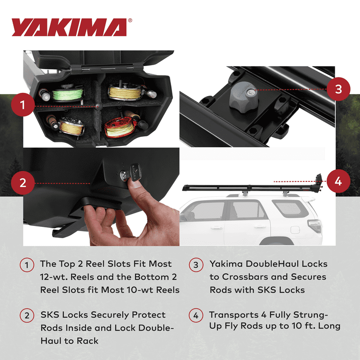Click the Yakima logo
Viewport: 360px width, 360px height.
coord(69,28)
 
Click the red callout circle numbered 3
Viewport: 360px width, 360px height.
coord(338,89)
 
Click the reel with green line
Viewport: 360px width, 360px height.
coord(67,91)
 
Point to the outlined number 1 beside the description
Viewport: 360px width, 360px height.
coord(27,265)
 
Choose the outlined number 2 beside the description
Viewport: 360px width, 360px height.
coord(27,315)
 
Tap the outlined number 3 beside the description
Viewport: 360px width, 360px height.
coord(196,265)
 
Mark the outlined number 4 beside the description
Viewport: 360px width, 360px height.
coord(196,315)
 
